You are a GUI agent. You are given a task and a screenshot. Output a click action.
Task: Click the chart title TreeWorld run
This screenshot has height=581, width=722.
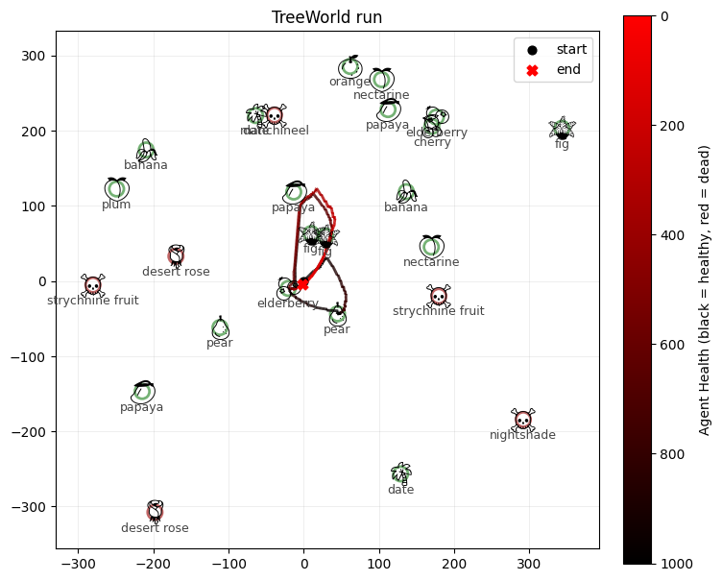click(x=327, y=16)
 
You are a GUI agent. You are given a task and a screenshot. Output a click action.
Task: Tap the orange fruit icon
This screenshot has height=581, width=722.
click(x=350, y=67)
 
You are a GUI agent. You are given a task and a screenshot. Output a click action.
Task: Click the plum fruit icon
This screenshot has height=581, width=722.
click(x=116, y=189)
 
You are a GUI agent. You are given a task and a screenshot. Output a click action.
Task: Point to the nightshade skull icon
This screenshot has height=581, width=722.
click(x=522, y=420)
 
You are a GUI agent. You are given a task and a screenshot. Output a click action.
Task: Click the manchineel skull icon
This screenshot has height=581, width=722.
click(x=275, y=116)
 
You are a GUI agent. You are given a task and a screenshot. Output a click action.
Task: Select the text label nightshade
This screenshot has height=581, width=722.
click(x=522, y=435)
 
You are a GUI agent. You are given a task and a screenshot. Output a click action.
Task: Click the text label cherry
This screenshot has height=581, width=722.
click(x=432, y=143)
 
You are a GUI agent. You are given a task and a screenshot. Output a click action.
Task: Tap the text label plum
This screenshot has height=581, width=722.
click(x=116, y=205)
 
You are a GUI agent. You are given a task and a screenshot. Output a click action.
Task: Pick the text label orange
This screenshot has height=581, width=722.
click(x=349, y=82)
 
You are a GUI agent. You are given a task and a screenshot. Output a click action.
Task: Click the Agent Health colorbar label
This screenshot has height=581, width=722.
click(x=705, y=290)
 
